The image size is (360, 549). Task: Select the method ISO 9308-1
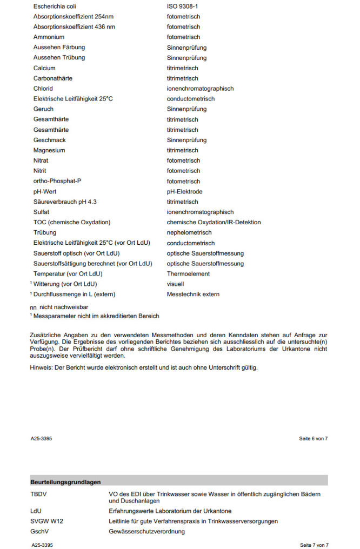(183, 6)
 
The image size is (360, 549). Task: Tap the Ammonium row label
(49, 37)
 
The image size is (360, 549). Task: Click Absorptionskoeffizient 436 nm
(74, 27)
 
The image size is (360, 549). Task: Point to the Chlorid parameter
(43, 89)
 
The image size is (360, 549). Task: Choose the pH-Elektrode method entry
(184, 192)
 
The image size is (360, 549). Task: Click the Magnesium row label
(49, 150)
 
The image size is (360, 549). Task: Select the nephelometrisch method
(189, 233)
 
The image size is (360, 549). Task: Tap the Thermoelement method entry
(188, 274)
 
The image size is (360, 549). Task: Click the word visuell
(175, 284)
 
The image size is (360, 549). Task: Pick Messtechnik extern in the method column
(193, 294)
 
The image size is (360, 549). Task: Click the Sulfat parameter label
(42, 212)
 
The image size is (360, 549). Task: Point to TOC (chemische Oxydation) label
(72, 223)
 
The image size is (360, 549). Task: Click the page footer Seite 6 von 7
(314, 439)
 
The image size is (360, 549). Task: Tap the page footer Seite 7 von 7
(314, 545)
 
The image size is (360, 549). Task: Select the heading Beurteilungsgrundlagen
(65, 482)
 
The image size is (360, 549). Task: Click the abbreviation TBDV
(38, 494)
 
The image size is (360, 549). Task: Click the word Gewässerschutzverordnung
(146, 532)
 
